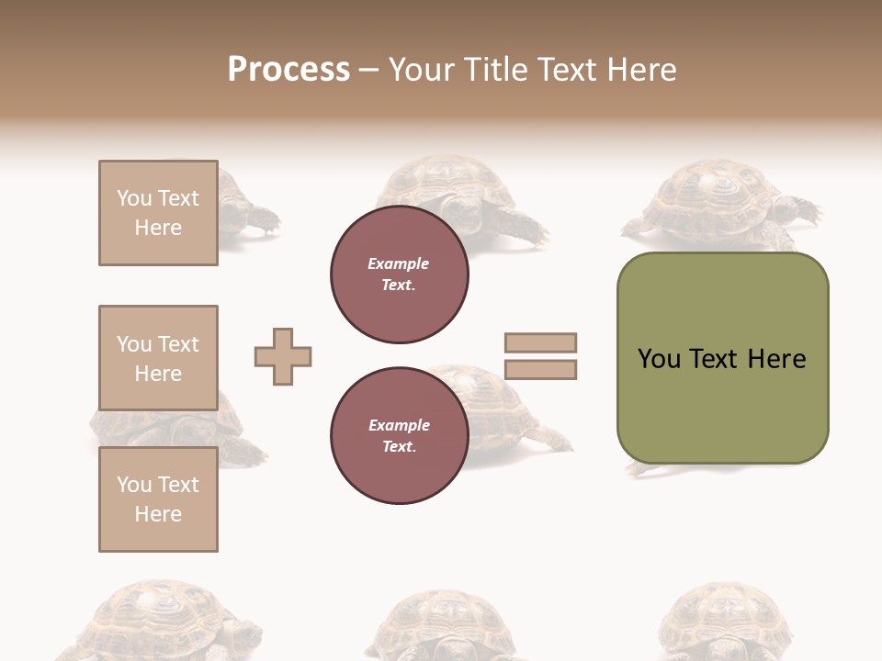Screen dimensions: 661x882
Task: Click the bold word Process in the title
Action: click(x=288, y=70)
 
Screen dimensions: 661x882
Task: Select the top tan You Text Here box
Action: click(x=158, y=213)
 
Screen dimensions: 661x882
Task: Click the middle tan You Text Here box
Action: click(x=158, y=358)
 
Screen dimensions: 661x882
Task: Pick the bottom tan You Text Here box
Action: click(x=158, y=499)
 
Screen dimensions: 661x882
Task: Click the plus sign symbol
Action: click(x=283, y=356)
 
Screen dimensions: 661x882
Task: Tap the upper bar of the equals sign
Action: click(x=540, y=343)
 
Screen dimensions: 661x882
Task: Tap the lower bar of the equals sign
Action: click(x=540, y=370)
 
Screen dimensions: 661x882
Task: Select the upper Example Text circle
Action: click(x=399, y=274)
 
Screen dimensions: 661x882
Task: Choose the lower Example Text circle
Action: click(x=399, y=436)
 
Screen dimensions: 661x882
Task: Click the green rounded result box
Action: click(x=722, y=358)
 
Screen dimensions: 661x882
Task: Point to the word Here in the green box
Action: click(x=776, y=359)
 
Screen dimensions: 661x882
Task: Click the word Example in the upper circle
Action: click(x=398, y=264)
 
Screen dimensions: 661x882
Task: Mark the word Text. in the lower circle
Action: click(x=399, y=447)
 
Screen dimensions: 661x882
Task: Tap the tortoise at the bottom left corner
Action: click(x=156, y=620)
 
